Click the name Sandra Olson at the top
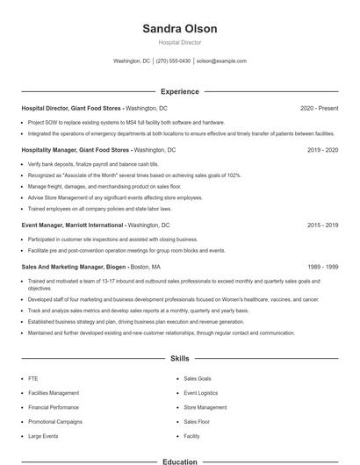(179, 28)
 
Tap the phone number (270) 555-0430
(174, 61)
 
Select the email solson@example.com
(221, 61)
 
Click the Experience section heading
(179, 91)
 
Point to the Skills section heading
(179, 359)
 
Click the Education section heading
(179, 461)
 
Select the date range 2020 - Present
(319, 108)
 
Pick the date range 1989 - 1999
(322, 266)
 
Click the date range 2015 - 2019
(322, 225)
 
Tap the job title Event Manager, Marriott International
(73, 225)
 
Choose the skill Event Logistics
(202, 393)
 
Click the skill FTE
(32, 378)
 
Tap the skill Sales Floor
(198, 421)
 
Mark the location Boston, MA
(145, 266)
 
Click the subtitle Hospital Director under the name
(179, 42)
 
